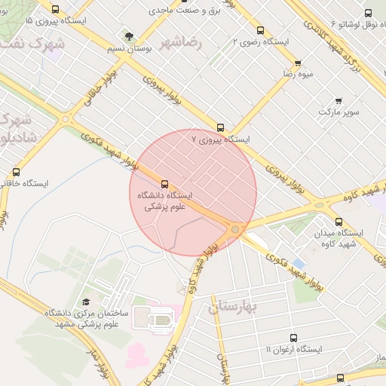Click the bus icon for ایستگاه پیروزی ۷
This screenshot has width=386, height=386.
tap(220, 127)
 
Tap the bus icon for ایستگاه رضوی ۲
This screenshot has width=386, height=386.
tap(260, 31)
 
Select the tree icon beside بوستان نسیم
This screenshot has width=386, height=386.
tap(129, 35)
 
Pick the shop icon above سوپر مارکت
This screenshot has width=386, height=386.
tap(339, 100)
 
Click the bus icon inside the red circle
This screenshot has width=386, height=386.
tap(164, 183)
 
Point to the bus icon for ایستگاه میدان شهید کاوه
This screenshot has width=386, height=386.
tap(338, 222)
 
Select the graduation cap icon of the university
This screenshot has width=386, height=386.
tap(86, 302)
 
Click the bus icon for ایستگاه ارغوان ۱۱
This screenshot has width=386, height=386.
tap(293, 338)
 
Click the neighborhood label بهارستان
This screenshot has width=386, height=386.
tap(233, 307)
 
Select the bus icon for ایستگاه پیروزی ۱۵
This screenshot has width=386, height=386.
tap(56, 9)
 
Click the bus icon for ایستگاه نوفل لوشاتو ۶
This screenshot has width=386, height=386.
tap(368, 13)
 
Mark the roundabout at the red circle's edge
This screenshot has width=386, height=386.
tap(236, 228)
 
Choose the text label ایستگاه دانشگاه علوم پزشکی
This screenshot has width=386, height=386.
tap(164, 200)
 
